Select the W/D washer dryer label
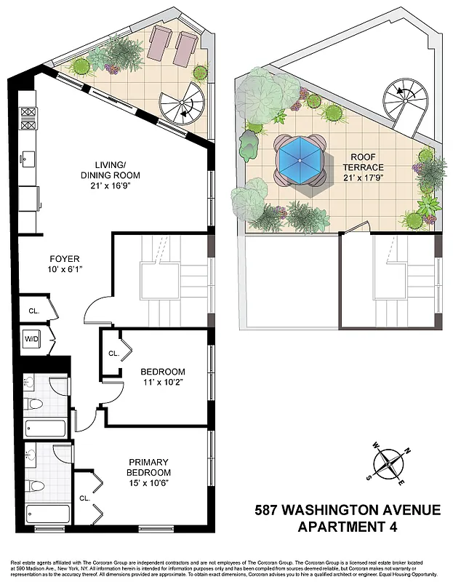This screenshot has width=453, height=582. [x=32, y=339]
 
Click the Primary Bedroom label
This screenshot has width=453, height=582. [x=149, y=467]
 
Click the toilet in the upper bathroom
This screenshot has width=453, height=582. [x=32, y=403]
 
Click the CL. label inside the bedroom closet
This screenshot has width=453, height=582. [x=113, y=354]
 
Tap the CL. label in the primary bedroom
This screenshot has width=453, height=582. [x=84, y=498]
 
